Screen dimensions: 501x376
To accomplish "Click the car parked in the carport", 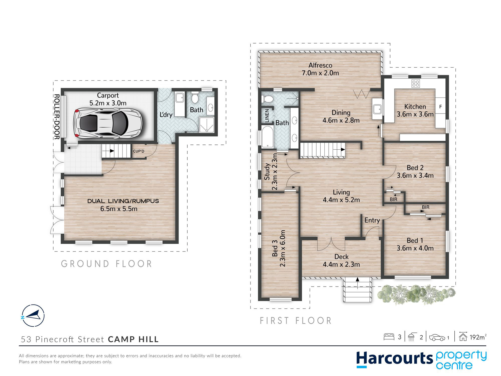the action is click(x=108, y=123).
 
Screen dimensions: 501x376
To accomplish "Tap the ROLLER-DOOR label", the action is click(x=57, y=117).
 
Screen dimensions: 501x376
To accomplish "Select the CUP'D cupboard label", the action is click(x=139, y=151).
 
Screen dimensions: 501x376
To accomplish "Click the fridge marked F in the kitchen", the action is click(x=440, y=107).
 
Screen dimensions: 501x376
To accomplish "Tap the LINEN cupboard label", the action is click(x=267, y=116).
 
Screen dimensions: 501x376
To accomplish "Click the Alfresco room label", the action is click(x=320, y=65).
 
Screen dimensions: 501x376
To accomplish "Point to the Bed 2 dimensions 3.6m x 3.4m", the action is click(x=415, y=175).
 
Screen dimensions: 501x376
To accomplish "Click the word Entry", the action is click(x=372, y=220).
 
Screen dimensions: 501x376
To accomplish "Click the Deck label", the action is click(x=341, y=257).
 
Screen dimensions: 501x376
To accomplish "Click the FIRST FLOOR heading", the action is click(x=296, y=321).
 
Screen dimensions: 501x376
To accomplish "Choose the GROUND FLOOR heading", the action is click(x=106, y=264).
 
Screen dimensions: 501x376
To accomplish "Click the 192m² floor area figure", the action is click(x=478, y=337).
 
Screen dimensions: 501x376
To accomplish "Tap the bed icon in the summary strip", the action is click(x=389, y=337).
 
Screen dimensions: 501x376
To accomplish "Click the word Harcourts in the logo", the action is click(x=394, y=359).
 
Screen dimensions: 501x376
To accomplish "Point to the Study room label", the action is click(x=267, y=171).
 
